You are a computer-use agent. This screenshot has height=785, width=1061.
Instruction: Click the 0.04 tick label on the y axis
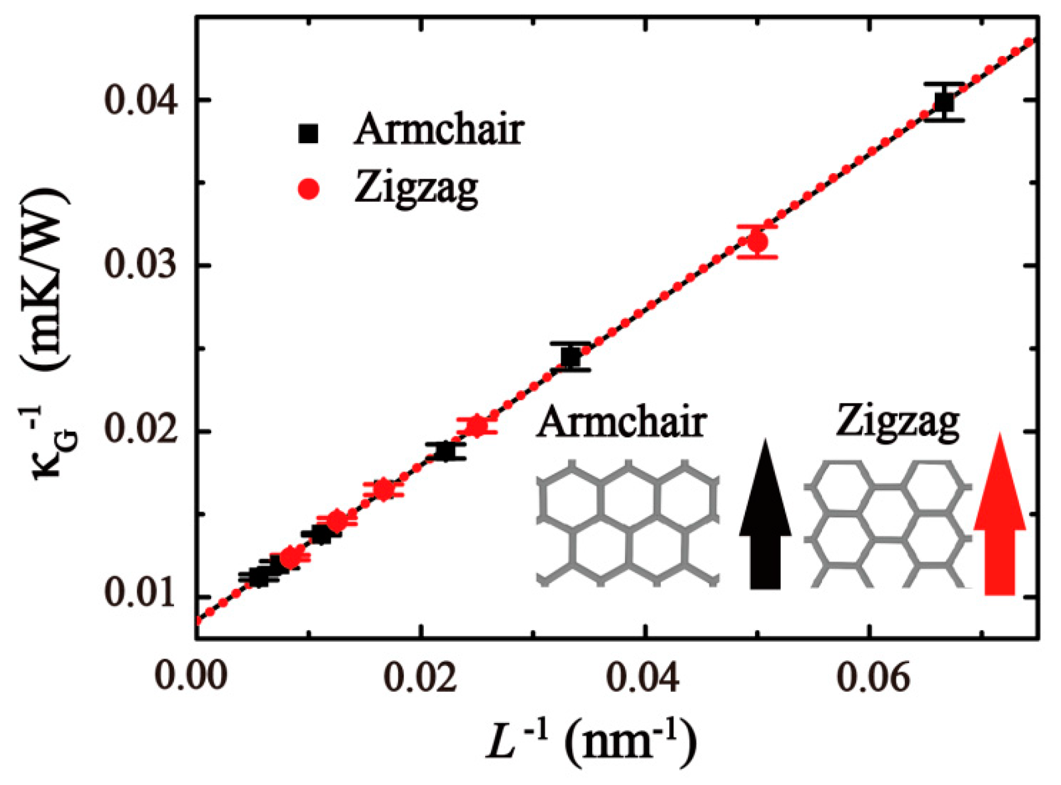point(140,100)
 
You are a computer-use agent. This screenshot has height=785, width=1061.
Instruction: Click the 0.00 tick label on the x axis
point(191,676)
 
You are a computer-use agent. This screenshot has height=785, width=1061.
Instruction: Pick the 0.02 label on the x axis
point(420,676)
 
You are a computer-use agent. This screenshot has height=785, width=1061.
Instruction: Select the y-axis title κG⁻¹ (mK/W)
point(50,336)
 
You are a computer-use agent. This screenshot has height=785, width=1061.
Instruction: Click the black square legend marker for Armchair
point(309,133)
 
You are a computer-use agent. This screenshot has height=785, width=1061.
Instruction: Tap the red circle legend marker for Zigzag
point(309,189)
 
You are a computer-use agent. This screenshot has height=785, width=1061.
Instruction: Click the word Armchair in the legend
point(439,130)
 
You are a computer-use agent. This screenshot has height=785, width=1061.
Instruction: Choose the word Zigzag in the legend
point(416,188)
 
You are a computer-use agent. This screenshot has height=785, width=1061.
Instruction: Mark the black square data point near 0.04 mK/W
point(944,102)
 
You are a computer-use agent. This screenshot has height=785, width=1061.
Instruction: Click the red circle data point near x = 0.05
point(758,242)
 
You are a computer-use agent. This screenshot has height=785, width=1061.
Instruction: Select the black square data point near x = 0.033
point(571,357)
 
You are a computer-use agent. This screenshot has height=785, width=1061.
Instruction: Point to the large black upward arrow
point(765,519)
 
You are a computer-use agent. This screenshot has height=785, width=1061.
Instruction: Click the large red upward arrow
point(999,519)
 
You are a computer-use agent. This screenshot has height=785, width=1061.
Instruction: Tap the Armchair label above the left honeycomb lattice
point(621,423)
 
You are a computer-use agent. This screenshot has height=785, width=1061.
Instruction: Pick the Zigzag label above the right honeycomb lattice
point(898,423)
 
